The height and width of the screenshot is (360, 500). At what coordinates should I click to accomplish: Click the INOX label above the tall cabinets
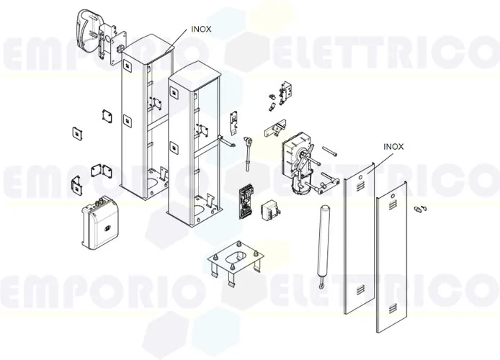(x=201, y=30)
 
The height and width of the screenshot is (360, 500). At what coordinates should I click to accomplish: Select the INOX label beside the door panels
(x=394, y=146)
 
